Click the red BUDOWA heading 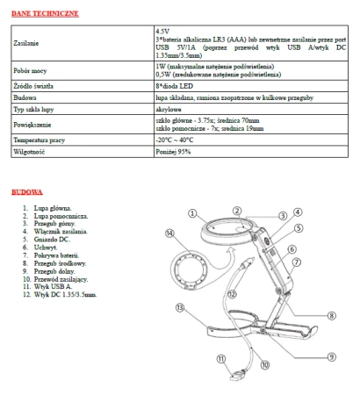coord(26,191)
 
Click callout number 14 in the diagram coord(170,233)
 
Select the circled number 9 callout coord(332,355)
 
